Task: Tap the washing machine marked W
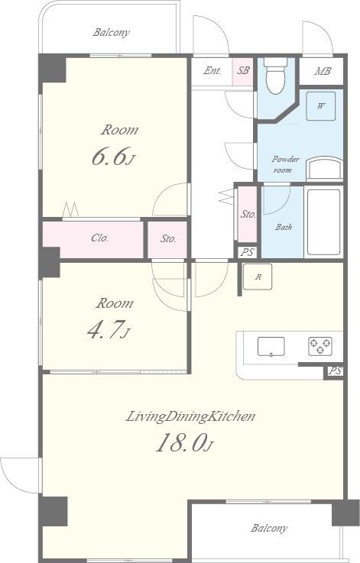[x=320, y=106]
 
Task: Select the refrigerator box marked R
[x=258, y=277]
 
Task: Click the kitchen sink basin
[x=271, y=347]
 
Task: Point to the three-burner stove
[x=320, y=347]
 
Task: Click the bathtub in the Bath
[x=324, y=222]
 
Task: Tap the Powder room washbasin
[x=324, y=169]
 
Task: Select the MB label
[x=323, y=71]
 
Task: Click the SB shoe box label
[x=243, y=70]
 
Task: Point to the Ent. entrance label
[x=212, y=70]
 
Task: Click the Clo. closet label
[x=100, y=238]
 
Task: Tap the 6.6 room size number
[x=109, y=157]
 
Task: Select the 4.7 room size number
[x=105, y=330]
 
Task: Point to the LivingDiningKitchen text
[x=191, y=416]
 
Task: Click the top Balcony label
[x=111, y=33]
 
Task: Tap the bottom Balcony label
[x=269, y=528]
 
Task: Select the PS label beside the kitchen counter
[x=335, y=371]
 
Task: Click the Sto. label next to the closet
[x=168, y=238]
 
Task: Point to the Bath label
[x=284, y=227]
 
